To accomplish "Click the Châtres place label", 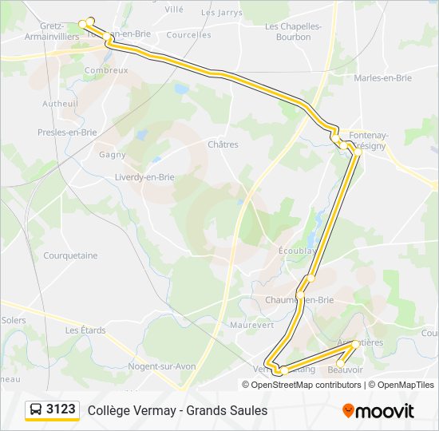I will (x=223, y=144).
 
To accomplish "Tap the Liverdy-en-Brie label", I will (x=144, y=176).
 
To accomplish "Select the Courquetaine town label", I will (x=70, y=255).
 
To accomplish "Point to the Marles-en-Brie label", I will (x=383, y=77).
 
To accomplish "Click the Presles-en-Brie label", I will (x=67, y=132).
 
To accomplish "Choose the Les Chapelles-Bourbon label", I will (x=293, y=31).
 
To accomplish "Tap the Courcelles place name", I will (x=189, y=35).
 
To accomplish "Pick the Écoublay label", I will (x=298, y=250).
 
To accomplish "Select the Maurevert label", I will (x=251, y=325).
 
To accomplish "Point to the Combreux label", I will (x=106, y=70).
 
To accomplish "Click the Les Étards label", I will (x=85, y=330).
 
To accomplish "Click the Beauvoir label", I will (x=346, y=370).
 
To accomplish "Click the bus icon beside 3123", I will (x=36, y=409).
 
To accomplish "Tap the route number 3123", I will (x=61, y=409).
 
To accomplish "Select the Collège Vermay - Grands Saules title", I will (x=177, y=410).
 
